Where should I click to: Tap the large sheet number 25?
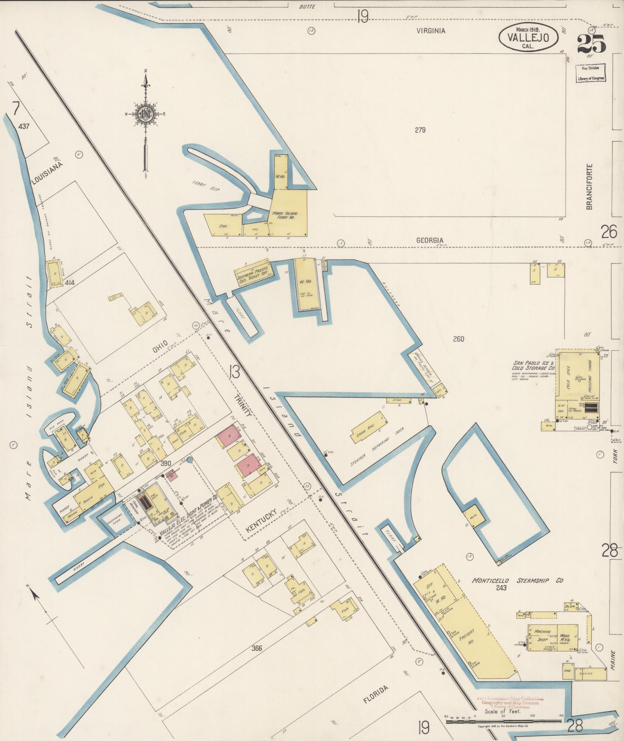point(592,43)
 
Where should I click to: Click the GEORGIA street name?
point(429,240)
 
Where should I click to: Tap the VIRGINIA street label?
point(431,31)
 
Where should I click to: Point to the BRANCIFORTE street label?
point(589,186)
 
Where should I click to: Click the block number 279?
point(420,130)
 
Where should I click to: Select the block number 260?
point(458,339)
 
